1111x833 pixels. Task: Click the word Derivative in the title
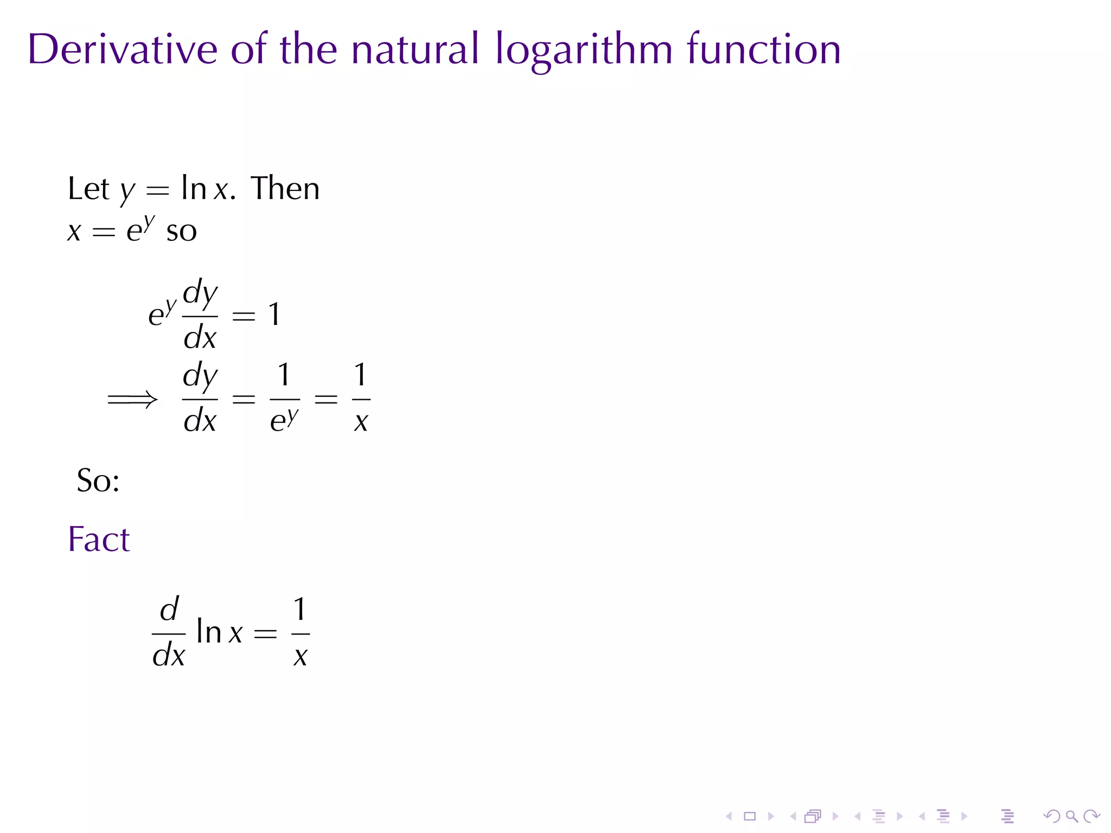(x=123, y=49)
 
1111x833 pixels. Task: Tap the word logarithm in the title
(x=584, y=50)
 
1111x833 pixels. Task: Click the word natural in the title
(x=415, y=49)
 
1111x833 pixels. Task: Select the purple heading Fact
(x=99, y=539)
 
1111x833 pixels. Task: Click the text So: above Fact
(x=98, y=480)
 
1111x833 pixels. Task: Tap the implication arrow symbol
(x=133, y=400)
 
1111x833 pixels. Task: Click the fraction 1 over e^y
(x=284, y=399)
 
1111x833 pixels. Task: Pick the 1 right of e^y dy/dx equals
(x=274, y=315)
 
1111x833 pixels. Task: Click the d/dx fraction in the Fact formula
(x=169, y=632)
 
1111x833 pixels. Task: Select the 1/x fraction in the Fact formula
(x=300, y=632)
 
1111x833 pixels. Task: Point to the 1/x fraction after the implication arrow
(x=361, y=399)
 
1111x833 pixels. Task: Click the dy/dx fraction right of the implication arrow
(x=200, y=399)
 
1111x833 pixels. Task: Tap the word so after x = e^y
(x=181, y=232)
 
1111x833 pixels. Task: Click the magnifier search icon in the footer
(x=1071, y=816)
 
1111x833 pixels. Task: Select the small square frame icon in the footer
(x=750, y=816)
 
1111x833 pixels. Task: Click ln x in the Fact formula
(x=219, y=632)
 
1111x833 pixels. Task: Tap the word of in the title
(x=249, y=49)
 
